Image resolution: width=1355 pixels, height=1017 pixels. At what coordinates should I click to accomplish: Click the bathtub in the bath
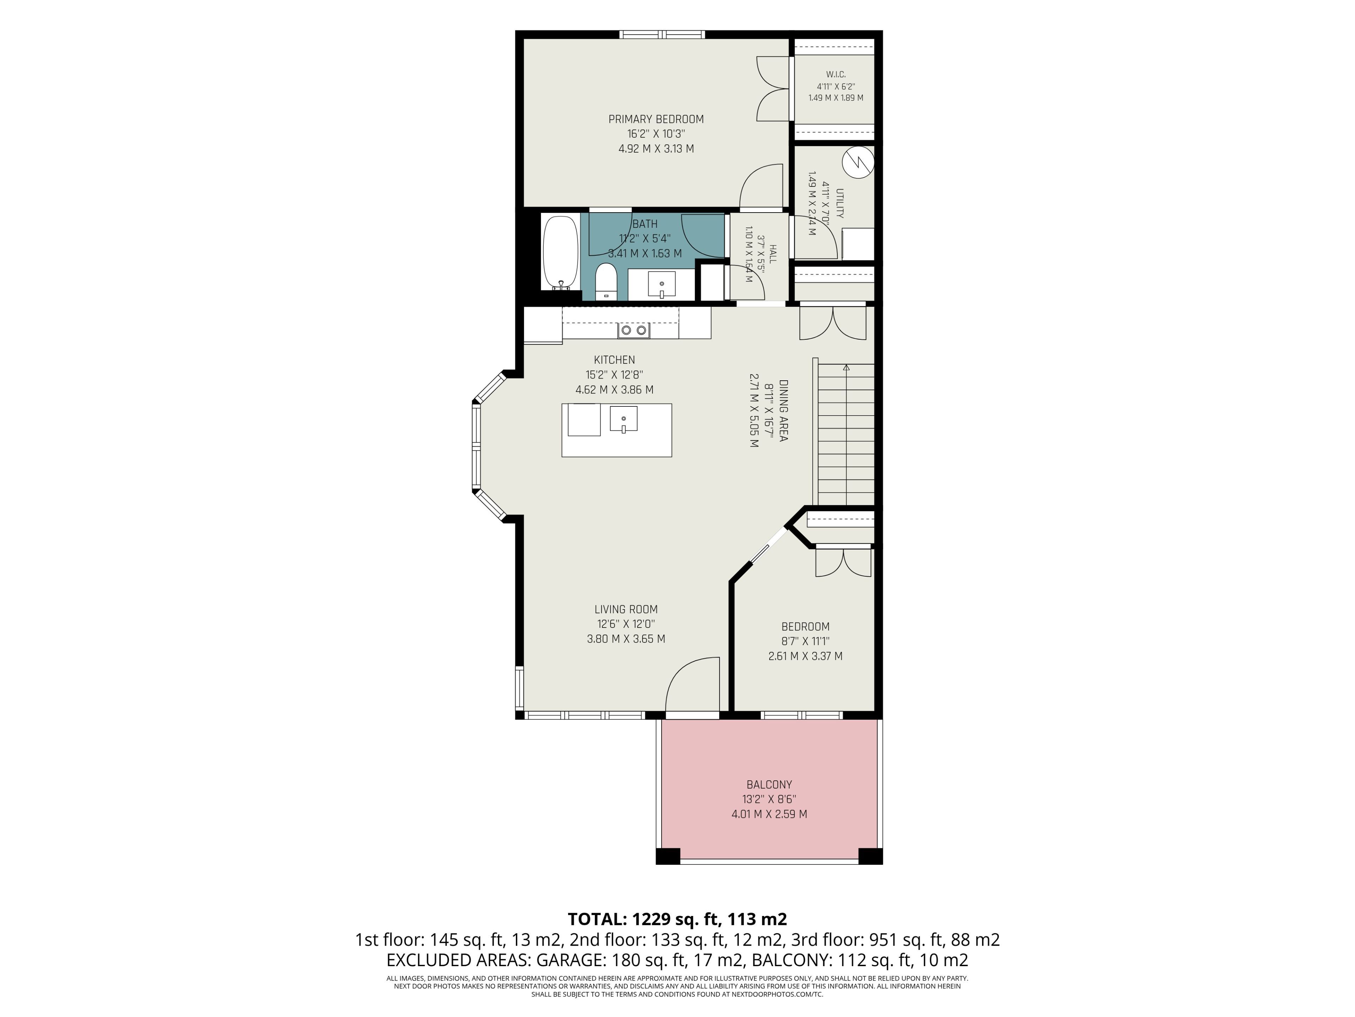pos(560,252)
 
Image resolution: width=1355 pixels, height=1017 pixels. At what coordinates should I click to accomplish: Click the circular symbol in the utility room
pos(857,162)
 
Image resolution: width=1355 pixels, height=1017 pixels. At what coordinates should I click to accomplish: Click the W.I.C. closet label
pos(836,74)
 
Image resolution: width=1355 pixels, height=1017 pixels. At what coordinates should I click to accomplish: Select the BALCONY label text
pos(769,785)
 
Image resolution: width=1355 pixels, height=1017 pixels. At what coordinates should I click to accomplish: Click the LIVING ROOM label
pos(626,609)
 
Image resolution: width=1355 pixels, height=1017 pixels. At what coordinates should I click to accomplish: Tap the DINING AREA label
pos(783,411)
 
